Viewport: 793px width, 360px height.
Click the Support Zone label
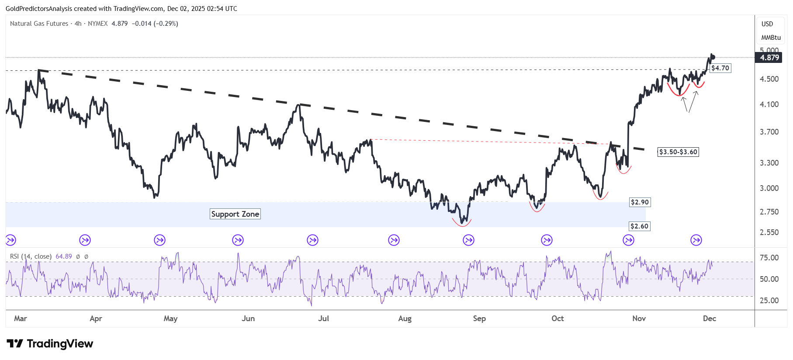pos(235,214)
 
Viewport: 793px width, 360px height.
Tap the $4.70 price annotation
pos(720,68)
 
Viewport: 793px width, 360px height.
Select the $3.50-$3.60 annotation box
pos(678,152)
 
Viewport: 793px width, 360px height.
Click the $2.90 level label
pos(640,202)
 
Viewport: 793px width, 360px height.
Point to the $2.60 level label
pos(640,226)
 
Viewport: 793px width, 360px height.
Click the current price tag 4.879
pos(769,58)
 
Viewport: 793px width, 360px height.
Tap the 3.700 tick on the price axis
pos(769,132)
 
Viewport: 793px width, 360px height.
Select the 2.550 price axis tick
pos(769,232)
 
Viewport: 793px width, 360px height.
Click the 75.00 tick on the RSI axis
pos(769,258)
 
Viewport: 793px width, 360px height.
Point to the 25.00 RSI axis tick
pos(769,301)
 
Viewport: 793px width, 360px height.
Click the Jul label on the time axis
pos(324,318)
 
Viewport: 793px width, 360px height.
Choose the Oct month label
pos(558,318)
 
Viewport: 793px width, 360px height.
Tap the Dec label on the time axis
pos(710,318)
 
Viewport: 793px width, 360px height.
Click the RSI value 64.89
pos(64,256)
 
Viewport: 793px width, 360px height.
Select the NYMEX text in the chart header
pos(98,24)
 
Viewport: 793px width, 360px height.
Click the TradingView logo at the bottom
pos(50,344)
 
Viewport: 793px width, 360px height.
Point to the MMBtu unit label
pos(771,38)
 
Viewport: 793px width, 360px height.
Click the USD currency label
pos(767,24)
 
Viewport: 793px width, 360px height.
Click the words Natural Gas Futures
pos(39,24)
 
